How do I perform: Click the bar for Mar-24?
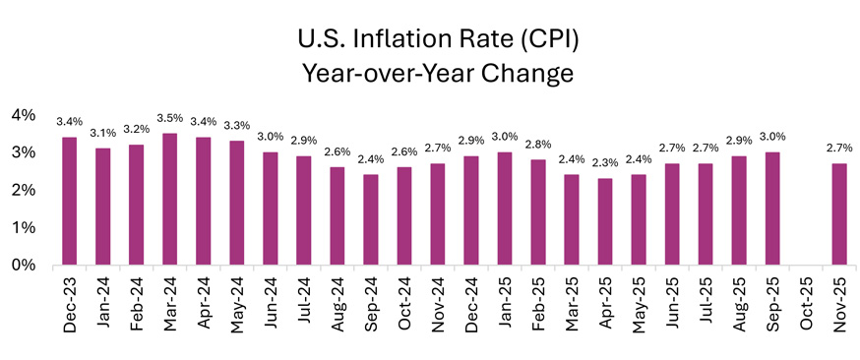point(170,200)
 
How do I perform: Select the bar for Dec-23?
point(70,202)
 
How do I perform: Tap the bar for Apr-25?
point(606,221)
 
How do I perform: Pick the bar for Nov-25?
point(839,214)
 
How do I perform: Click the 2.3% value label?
point(606,162)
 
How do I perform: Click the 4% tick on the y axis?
point(24,115)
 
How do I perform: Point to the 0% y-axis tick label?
point(24,266)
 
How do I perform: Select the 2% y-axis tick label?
point(24,190)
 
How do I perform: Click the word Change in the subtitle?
point(529,75)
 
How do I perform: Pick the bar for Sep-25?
point(773,209)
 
